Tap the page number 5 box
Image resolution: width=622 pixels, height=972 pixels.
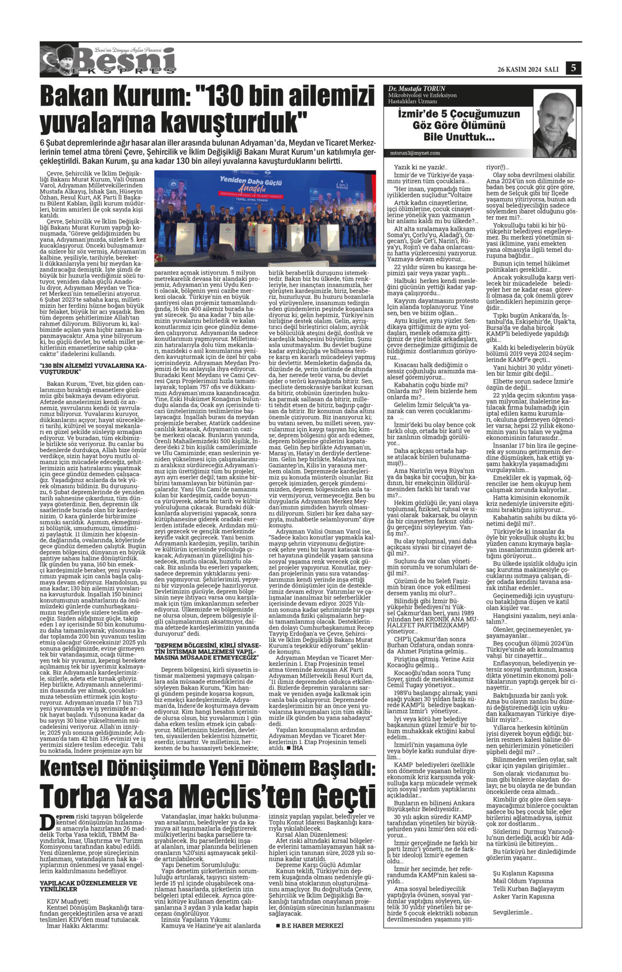tap(573, 68)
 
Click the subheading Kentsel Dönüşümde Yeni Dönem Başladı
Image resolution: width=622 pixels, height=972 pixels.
tap(207, 768)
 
